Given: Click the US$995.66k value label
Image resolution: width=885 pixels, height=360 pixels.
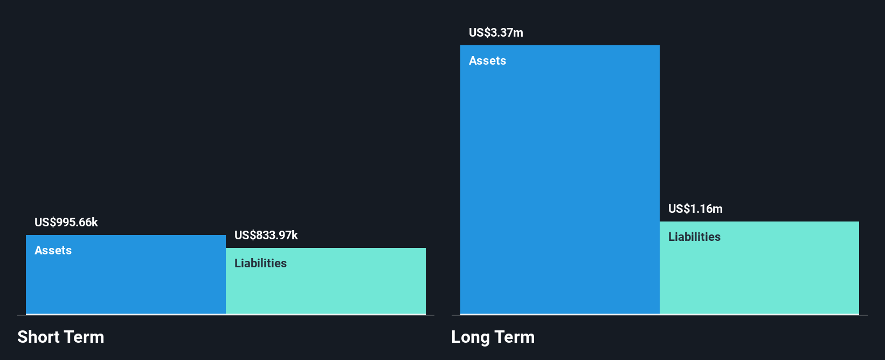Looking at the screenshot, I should pyautogui.click(x=66, y=222).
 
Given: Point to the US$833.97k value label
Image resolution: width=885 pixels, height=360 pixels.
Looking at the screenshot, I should pyautogui.click(x=266, y=235).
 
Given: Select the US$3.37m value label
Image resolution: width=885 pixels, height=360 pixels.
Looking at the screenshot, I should pyautogui.click(x=496, y=32).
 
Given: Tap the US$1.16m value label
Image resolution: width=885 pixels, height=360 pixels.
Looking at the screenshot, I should pyautogui.click(x=695, y=209).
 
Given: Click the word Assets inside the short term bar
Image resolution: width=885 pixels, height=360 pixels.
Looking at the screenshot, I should pyautogui.click(x=53, y=250).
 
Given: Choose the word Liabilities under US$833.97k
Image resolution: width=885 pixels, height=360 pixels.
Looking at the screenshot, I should pyautogui.click(x=260, y=263).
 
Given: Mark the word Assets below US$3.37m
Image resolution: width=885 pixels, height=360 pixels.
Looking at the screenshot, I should pyautogui.click(x=487, y=60).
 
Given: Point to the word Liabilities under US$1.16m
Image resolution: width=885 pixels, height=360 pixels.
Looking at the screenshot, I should pyautogui.click(x=694, y=237).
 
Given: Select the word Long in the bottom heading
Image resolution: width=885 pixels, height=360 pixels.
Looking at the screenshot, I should pyautogui.click(x=471, y=337).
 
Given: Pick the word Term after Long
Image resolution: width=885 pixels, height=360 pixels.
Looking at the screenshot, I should pyautogui.click(x=515, y=337).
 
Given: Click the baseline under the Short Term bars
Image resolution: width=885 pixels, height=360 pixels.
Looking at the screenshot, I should pyautogui.click(x=226, y=315).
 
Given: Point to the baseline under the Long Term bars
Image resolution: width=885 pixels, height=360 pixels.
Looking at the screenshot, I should pyautogui.click(x=659, y=315).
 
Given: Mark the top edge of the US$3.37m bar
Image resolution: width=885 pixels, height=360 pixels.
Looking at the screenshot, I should pyautogui.click(x=559, y=46).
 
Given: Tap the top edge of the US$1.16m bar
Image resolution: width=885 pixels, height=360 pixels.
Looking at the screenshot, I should pyautogui.click(x=759, y=222).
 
